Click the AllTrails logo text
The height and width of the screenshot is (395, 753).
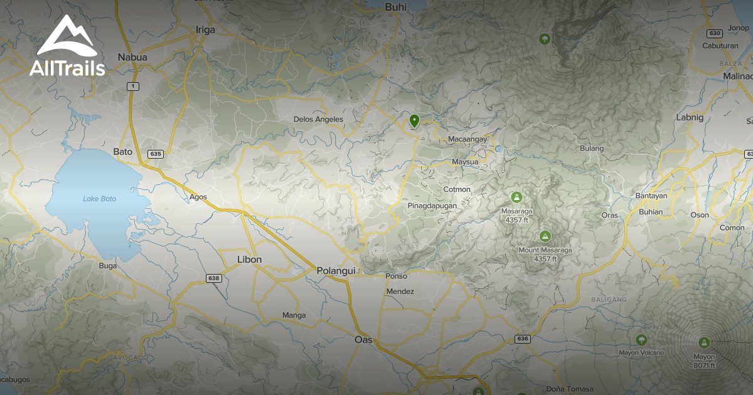pos(67,68)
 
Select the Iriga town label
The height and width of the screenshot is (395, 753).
pos(205,29)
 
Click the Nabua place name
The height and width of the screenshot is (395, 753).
pos(132,57)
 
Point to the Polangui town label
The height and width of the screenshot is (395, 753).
pos(336,270)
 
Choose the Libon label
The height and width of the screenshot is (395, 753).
pos(249,259)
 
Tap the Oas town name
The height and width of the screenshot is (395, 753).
pos(363,340)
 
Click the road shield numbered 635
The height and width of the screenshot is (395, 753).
pos(156,154)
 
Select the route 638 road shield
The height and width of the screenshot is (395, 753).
pos(214,278)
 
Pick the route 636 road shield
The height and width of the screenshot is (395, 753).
pos(523,339)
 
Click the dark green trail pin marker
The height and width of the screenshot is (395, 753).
pos(414,120)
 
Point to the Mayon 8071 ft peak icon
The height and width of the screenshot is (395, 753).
pos(704,343)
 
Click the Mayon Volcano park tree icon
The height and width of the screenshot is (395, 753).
pos(641,340)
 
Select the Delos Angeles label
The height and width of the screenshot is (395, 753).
pos(318,119)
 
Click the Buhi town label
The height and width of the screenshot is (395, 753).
pos(396,7)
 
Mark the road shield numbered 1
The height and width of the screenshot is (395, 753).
pos(132,86)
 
